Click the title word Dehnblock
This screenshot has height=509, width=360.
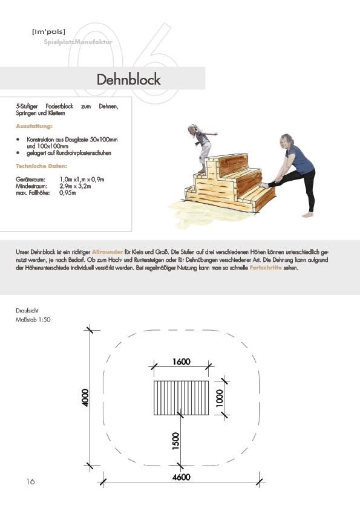[129, 80]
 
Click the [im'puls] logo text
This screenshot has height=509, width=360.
[49, 31]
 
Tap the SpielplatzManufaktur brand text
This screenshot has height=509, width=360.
[78, 42]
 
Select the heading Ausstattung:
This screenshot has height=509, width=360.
[34, 126]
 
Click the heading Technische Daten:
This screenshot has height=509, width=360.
[42, 166]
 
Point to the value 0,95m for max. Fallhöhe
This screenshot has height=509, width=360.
[68, 193]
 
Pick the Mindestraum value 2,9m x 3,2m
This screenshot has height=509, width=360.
[75, 186]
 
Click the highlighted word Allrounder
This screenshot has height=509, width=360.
[107, 252]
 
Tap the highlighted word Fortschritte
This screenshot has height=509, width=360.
[266, 268]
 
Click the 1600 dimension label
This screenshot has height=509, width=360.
[182, 361]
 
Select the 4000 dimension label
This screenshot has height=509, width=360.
[85, 398]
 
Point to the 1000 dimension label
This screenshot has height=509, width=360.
[220, 398]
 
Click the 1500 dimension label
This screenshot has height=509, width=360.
[175, 441]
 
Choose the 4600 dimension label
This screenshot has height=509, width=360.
[182, 477]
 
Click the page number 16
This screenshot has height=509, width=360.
[30, 481]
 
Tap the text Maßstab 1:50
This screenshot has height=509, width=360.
[33, 319]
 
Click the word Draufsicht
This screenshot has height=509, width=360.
[27, 310]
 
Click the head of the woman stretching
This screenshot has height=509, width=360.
[287, 141]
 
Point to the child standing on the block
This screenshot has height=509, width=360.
[201, 148]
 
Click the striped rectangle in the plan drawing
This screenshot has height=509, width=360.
[182, 398]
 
